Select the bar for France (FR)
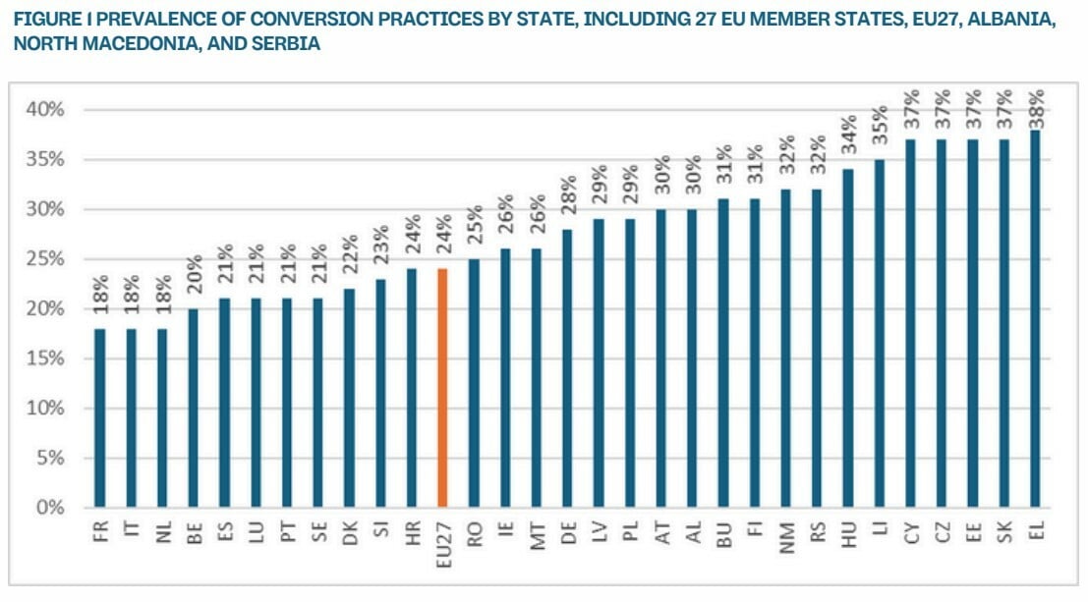click(x=100, y=418)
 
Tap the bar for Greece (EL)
click(x=1035, y=319)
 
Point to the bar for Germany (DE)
click(x=567, y=368)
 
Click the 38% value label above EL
click(x=1035, y=108)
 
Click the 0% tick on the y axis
click(x=47, y=508)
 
